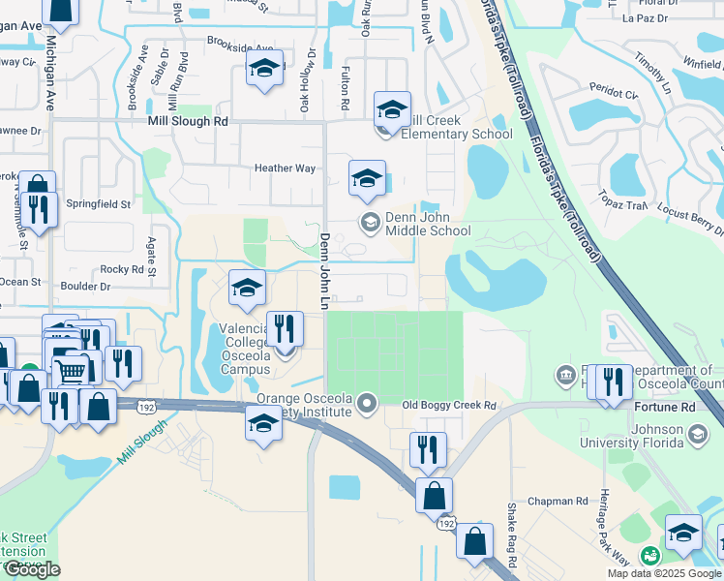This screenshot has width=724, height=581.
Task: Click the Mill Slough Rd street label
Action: coord(188,122)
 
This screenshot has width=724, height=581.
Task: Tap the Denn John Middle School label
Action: coord(428,224)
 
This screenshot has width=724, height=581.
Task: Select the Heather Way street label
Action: coord(285,168)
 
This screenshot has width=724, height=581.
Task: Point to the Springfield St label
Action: coord(99,204)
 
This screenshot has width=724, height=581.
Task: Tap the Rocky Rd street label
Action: coord(121,269)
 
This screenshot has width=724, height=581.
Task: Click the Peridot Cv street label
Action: coord(618,96)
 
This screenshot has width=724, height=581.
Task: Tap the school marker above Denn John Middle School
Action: coord(367,179)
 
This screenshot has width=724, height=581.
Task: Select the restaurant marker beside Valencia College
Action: coord(284,328)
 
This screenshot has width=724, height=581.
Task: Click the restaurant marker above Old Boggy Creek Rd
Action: coord(427,448)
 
